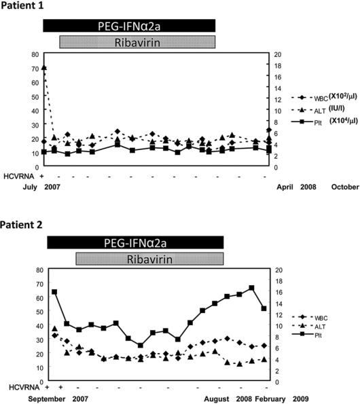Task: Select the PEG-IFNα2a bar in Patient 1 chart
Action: coord(129,25)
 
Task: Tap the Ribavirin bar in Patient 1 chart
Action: coord(138,41)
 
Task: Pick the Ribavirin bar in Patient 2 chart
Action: coord(150,259)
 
